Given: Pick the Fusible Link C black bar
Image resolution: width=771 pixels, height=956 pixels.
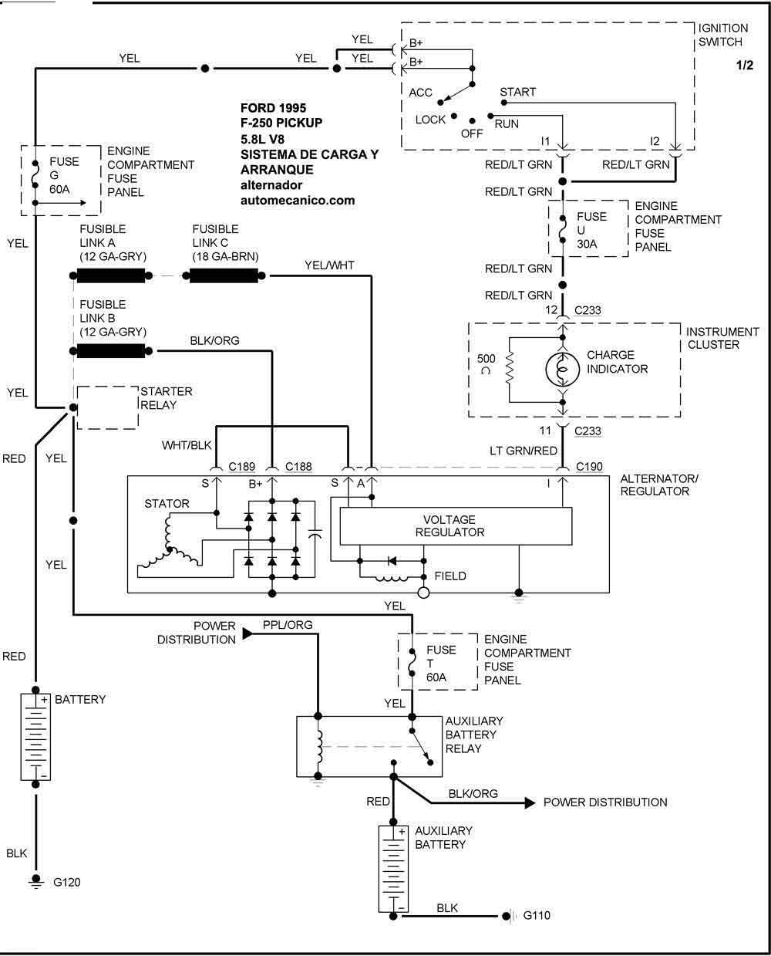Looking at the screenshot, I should (x=224, y=276).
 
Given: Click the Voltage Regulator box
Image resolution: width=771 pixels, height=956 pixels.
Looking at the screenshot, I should (x=456, y=526).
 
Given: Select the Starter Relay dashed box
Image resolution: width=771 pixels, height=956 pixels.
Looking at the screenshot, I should (x=108, y=407).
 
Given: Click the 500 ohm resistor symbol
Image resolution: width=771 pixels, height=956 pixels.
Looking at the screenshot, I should (x=510, y=369).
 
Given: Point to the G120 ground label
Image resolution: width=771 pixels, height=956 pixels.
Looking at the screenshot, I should (x=66, y=882).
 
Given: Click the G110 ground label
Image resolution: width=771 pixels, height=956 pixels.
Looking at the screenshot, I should (x=537, y=916).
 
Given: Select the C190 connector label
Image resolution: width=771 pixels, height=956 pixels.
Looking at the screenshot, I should (x=590, y=467).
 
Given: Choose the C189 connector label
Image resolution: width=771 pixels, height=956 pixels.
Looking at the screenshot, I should (x=243, y=467).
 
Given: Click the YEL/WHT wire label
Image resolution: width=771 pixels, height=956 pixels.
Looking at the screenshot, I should (x=329, y=265).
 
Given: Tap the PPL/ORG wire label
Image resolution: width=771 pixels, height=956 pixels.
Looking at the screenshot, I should (x=288, y=624).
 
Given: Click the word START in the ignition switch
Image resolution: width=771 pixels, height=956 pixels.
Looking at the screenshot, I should (x=517, y=92).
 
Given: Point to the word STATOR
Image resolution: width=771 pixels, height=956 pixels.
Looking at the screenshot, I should (x=167, y=504).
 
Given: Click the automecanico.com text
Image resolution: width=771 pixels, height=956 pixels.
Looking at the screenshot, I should (x=298, y=200).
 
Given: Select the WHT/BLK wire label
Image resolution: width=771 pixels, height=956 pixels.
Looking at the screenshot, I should (x=187, y=445).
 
